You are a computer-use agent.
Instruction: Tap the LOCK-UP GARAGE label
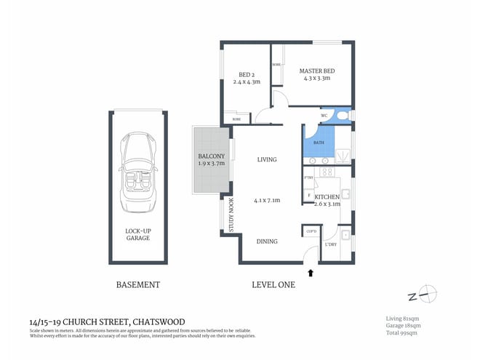tap(137, 234)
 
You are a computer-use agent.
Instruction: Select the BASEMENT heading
tap(137, 285)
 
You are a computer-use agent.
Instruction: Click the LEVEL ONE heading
tap(273, 285)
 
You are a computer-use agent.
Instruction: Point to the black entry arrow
tap(313, 273)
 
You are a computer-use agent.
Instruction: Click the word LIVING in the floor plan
tap(267, 159)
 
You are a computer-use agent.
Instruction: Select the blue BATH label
tap(318, 143)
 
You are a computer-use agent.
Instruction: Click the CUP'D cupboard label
tap(311, 232)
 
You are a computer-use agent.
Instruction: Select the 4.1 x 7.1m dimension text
tap(267, 201)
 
